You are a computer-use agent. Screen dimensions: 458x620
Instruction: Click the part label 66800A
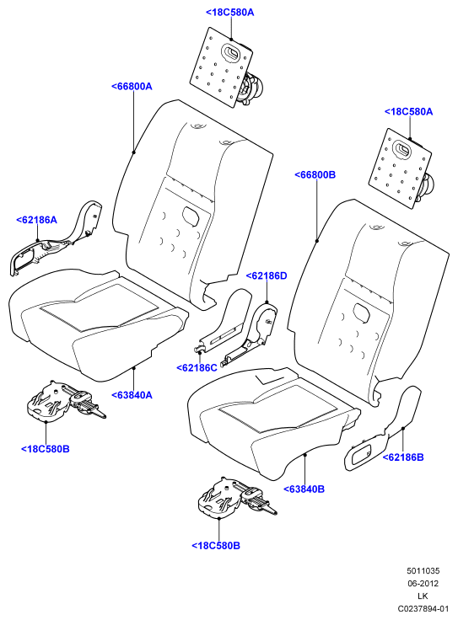tap(132, 86)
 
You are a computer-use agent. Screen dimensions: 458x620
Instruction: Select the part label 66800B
tap(315, 174)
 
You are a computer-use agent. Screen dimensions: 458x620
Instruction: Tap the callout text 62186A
tap(36, 220)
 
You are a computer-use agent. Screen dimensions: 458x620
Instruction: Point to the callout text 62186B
tap(403, 457)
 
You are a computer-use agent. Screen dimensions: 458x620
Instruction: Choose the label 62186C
tap(197, 368)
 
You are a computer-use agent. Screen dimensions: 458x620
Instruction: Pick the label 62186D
tap(267, 276)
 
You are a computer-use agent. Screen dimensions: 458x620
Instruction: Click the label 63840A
tap(132, 395)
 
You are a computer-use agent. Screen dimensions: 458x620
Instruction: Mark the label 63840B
tap(304, 489)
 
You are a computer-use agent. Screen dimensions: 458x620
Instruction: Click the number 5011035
tap(423, 571)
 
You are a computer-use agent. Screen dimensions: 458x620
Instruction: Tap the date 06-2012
tap(423, 584)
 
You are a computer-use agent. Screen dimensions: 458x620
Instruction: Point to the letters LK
tap(423, 596)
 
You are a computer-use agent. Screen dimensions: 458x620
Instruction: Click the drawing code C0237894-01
tap(423, 609)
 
